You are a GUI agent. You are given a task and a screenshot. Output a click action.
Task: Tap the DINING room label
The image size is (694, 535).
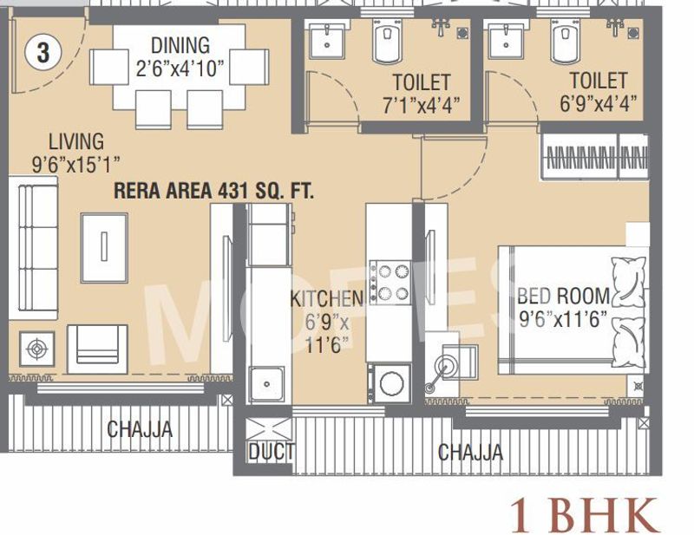pos(180,45)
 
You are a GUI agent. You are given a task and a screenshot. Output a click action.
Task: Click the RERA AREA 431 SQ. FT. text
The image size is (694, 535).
pos(213,192)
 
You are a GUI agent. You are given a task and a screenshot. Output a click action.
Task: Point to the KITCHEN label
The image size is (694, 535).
pos(326,300)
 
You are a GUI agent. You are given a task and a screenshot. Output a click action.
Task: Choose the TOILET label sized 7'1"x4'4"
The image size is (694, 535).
pos(422,83)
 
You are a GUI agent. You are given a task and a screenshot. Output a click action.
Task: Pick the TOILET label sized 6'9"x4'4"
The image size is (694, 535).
pos(599,82)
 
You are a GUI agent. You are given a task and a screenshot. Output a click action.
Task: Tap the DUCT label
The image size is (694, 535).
pos(271,452)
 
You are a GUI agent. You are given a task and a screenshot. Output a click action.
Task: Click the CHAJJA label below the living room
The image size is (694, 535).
pos(139,429)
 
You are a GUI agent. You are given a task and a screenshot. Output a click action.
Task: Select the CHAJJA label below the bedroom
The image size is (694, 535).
pos(469,453)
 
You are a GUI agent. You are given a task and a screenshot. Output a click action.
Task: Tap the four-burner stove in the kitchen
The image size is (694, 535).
pos(390,282)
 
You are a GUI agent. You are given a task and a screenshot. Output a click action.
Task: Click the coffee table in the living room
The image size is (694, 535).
pos(103,247)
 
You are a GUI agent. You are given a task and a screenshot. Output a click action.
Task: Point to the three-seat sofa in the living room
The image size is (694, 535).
pos(34,249)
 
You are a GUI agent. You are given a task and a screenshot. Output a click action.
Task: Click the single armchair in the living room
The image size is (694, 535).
pos(97,348)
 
